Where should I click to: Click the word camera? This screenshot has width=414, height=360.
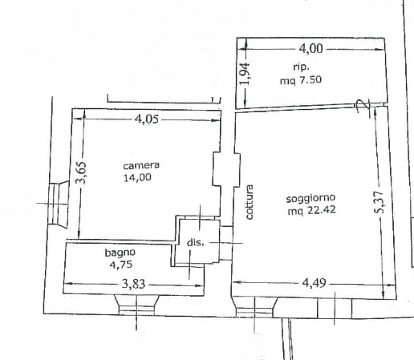click(x=141, y=165)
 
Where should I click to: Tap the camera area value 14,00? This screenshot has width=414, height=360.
click(x=137, y=177)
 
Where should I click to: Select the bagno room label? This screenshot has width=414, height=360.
click(x=120, y=253)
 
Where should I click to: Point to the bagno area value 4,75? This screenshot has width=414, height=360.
click(x=121, y=265)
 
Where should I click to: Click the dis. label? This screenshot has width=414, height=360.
click(x=195, y=242)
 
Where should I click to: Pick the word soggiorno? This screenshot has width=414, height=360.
click(x=310, y=199)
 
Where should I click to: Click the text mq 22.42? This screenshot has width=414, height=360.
click(x=311, y=210)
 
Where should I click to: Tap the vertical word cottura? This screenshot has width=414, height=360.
click(x=250, y=202)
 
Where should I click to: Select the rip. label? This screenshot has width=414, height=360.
click(x=301, y=67)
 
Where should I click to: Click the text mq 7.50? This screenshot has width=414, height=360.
click(x=301, y=80)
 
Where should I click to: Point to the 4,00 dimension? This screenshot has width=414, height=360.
click(x=310, y=49)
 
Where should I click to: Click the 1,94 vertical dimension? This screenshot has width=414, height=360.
click(x=245, y=74)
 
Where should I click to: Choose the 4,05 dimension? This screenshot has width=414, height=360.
click(x=147, y=119)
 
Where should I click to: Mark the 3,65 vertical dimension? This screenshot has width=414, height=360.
click(x=81, y=172)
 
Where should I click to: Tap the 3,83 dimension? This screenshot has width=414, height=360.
click(x=133, y=284)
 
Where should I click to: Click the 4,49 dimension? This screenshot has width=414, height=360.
click(x=314, y=282)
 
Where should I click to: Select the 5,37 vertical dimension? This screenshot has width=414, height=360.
click(x=379, y=202)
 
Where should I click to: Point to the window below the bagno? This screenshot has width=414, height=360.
click(x=136, y=305)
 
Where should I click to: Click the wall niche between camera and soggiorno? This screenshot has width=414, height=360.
click(x=226, y=169)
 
